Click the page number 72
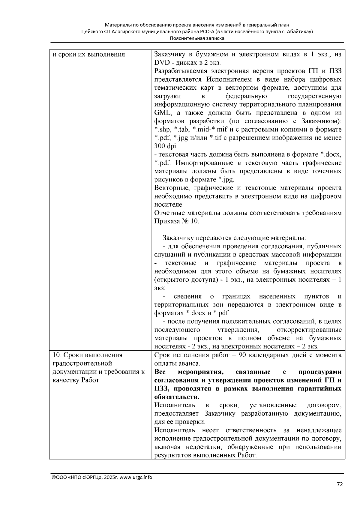(x=340, y=484)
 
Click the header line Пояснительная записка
(x=197, y=38)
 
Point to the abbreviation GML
(x=162, y=113)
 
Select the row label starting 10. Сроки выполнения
(x=88, y=355)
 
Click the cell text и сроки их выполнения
(x=89, y=55)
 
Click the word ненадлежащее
(x=319, y=430)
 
